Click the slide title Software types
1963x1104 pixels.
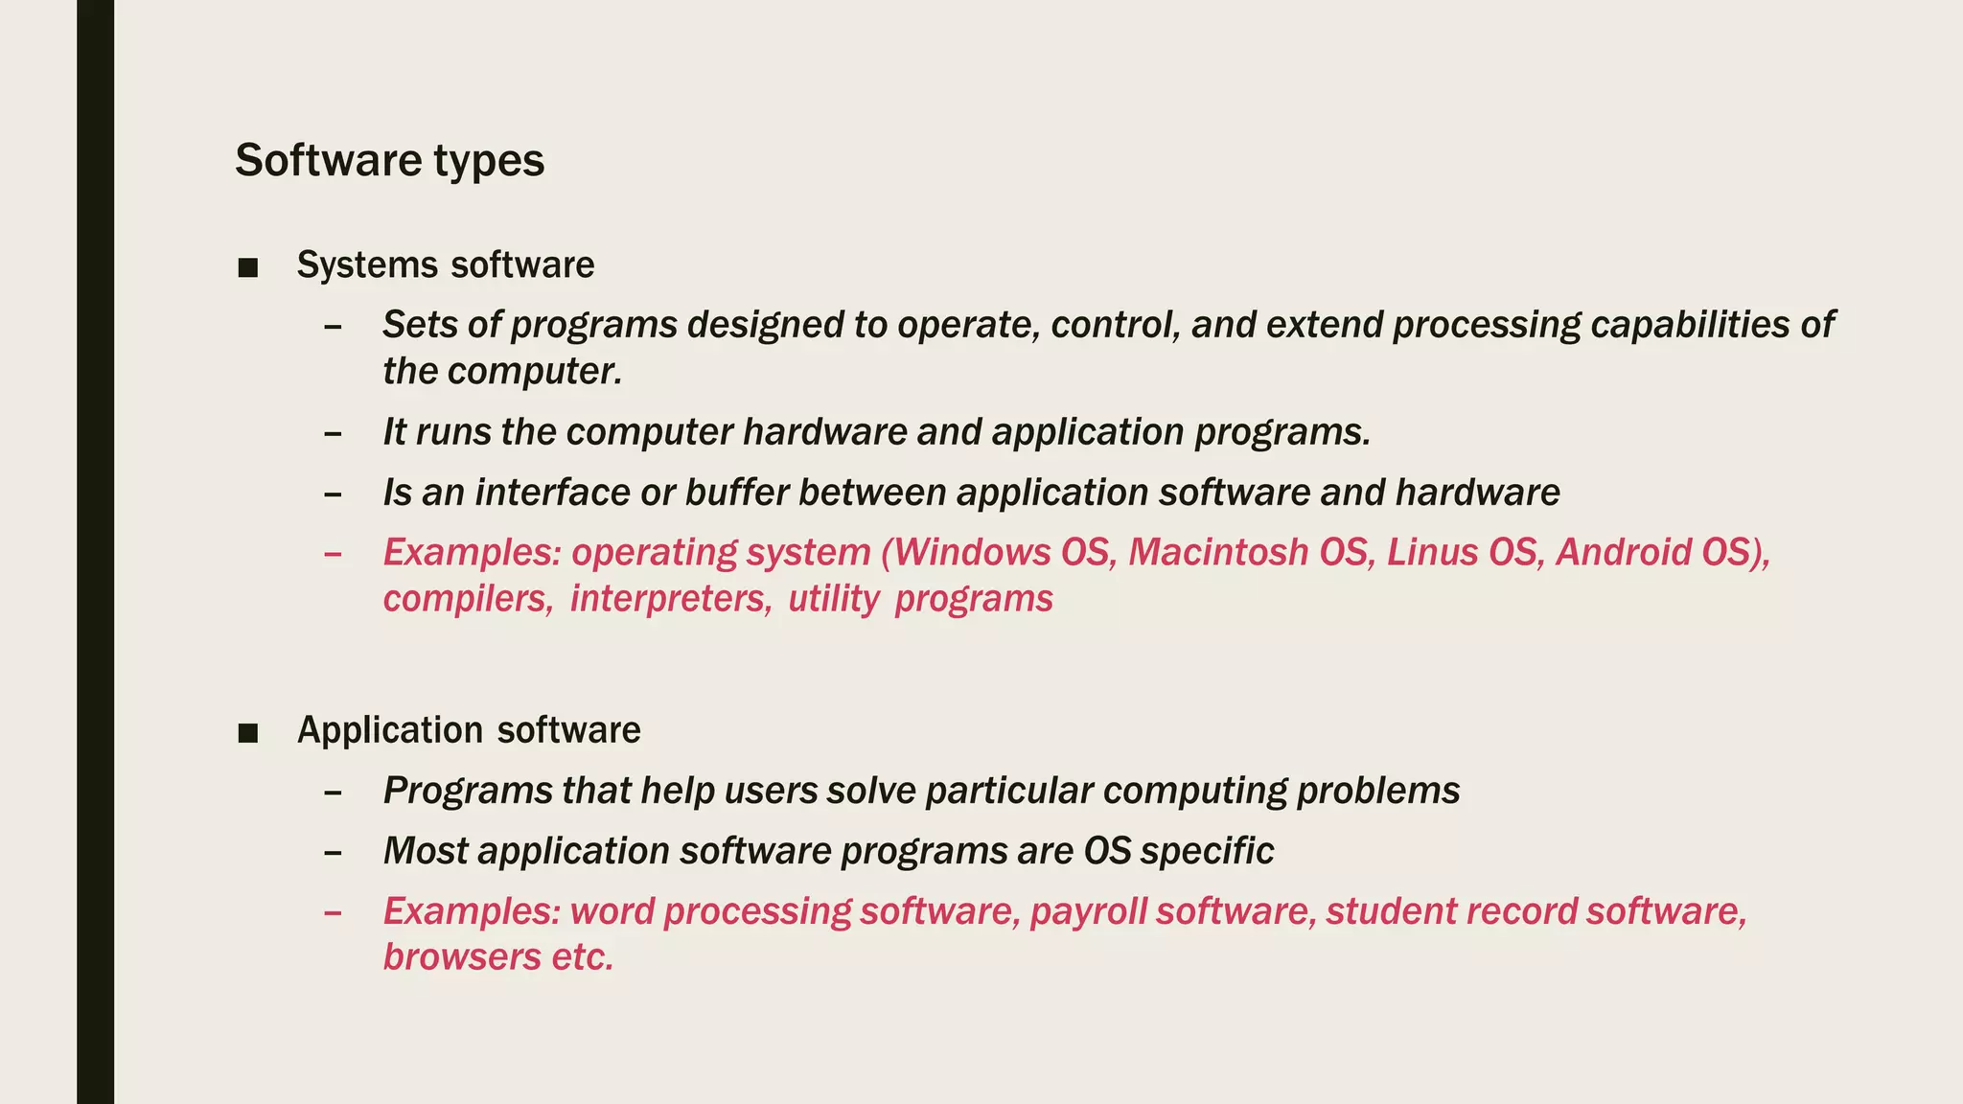tap(389, 160)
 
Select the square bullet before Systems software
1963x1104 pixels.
tap(248, 268)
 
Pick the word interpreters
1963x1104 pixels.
tap(670, 600)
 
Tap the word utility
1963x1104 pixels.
tap(833, 600)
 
